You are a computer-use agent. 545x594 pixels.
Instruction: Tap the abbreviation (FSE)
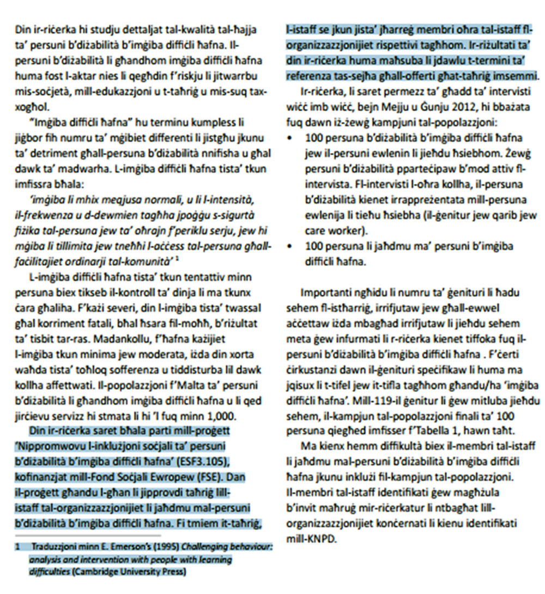point(202,478)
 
